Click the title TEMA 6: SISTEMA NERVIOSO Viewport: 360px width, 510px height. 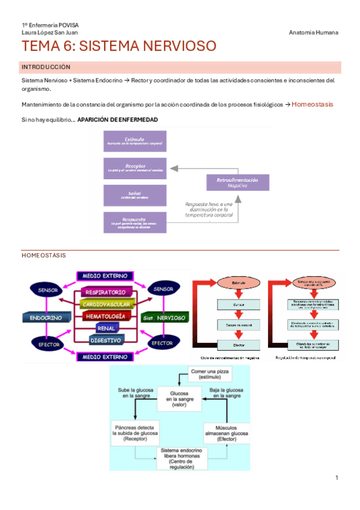pyautogui.click(x=118, y=46)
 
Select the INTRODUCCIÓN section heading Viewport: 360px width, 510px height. pyautogui.click(x=46, y=67)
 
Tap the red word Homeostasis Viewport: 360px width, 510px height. pyautogui.click(x=313, y=104)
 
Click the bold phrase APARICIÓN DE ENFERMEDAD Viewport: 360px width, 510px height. pyautogui.click(x=118, y=120)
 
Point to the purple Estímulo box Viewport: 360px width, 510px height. pyautogui.click(x=135, y=141)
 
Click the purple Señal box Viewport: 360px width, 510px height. pyautogui.click(x=135, y=194)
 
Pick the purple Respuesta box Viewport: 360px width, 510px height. pyautogui.click(x=135, y=221)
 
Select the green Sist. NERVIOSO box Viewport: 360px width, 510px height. pyautogui.click(x=163, y=316)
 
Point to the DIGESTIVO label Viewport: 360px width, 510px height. pyautogui.click(x=105, y=340)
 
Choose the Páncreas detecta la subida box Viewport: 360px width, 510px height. pyautogui.click(x=133, y=430)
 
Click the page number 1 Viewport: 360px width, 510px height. pyautogui.click(x=337, y=478)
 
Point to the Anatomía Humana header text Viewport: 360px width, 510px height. pyautogui.click(x=313, y=32)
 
